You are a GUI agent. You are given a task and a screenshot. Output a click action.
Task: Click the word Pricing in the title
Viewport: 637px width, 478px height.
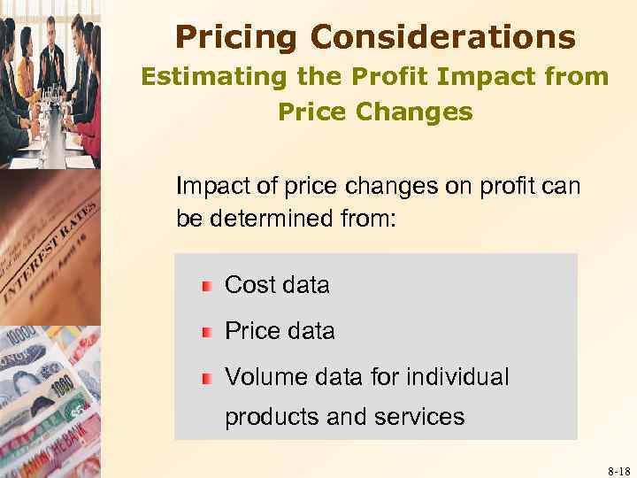(x=226, y=37)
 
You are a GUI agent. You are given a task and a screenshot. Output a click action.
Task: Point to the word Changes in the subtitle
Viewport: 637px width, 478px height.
(x=425, y=112)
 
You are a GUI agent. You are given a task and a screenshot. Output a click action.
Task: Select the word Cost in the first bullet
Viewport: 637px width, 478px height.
(x=251, y=285)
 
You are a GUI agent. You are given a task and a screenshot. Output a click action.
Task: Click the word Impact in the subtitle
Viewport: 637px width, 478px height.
(x=496, y=77)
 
